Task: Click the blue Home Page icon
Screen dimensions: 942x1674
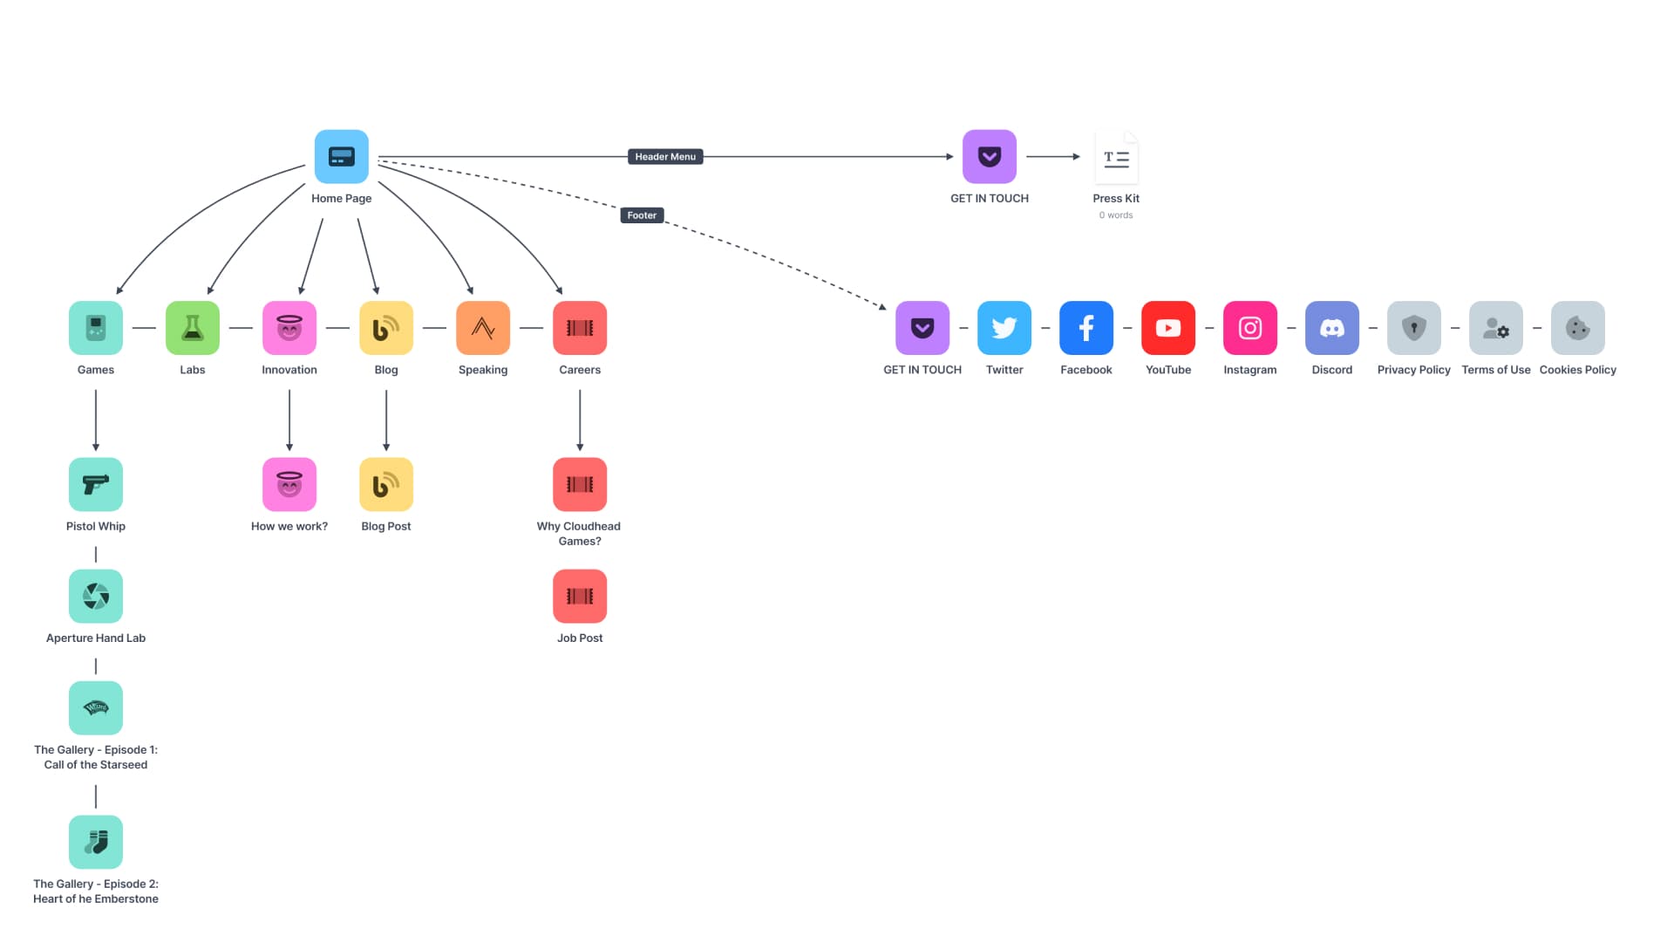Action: coord(341,157)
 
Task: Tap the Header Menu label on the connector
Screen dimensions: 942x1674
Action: coord(665,157)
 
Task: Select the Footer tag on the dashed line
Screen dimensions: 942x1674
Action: coord(642,215)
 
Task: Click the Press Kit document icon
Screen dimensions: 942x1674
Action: coord(1116,157)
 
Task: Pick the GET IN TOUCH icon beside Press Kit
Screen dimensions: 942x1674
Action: coord(989,157)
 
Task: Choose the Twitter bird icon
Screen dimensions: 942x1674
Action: coord(1004,328)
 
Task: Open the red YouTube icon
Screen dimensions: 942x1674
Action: coord(1168,328)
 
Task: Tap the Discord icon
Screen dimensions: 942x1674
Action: coord(1331,328)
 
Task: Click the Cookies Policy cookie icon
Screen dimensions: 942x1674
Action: coord(1577,328)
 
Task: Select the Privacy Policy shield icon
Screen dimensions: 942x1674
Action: coord(1413,328)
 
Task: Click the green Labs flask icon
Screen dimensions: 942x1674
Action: coord(193,328)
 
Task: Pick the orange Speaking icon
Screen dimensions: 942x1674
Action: coord(483,328)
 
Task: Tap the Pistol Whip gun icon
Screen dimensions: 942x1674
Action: coord(96,484)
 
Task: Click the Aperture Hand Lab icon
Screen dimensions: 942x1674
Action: coord(96,597)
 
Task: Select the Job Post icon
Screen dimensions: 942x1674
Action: coord(580,597)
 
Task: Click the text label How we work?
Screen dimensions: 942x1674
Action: coord(289,527)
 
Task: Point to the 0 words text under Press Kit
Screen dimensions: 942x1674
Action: coord(1116,215)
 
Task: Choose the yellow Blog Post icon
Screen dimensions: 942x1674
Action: coord(386,484)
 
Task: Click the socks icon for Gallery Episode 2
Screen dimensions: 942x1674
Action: coord(96,842)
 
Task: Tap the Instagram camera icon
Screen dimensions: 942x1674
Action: coord(1249,328)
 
